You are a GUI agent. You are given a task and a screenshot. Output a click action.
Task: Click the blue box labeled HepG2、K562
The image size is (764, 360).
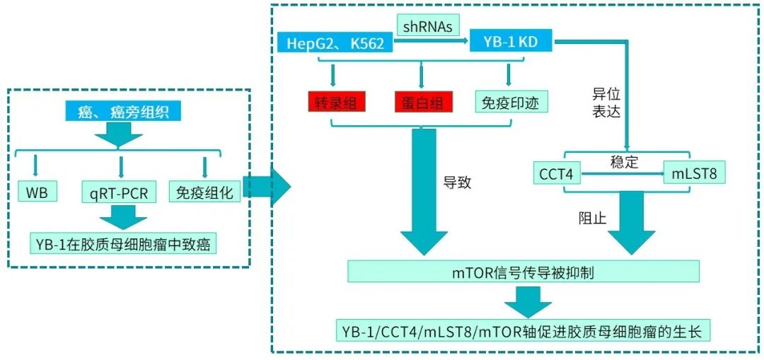point(334,43)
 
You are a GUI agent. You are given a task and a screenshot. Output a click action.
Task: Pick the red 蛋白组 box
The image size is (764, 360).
point(422,103)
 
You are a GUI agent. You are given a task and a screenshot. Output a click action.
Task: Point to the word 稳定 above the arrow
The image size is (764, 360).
point(624,162)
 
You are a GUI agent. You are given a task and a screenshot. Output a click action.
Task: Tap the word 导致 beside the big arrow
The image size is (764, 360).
point(457,182)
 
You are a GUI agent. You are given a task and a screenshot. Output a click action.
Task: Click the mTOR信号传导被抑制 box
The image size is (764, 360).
point(523,271)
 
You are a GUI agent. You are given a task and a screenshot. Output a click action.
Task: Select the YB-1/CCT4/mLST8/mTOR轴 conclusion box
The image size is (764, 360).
point(523,330)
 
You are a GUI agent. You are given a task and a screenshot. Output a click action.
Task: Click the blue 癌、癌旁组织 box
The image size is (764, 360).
point(122,111)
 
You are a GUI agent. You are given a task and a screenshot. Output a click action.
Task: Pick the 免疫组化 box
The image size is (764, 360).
point(204,192)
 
